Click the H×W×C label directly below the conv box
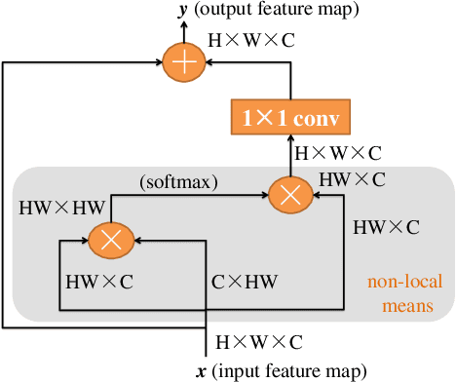pyautogui.click(x=338, y=153)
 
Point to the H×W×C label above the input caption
pyautogui.click(x=257, y=342)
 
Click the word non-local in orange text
pyautogui.click(x=400, y=284)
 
